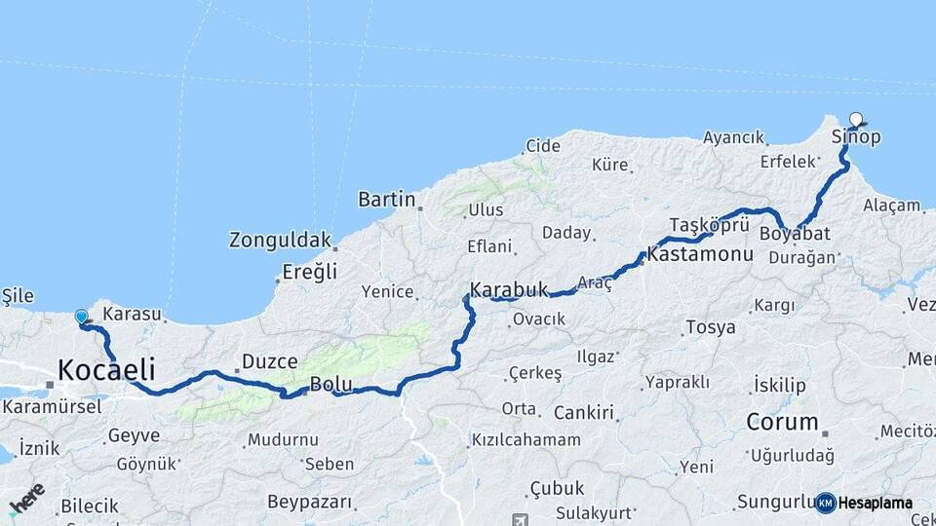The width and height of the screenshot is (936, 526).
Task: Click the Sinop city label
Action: click(856, 137)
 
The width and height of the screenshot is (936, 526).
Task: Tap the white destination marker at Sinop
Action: click(856, 120)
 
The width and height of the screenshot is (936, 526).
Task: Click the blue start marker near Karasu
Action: click(81, 316)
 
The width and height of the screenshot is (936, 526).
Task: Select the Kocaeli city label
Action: click(106, 370)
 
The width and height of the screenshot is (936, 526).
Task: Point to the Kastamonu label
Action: click(700, 255)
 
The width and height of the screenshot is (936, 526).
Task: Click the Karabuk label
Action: click(509, 290)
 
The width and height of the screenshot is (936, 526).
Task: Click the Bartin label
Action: click(387, 200)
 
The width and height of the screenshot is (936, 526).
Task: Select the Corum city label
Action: click(782, 422)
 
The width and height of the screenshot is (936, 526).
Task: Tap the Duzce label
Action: click(269, 361)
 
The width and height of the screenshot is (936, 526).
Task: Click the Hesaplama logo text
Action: click(875, 503)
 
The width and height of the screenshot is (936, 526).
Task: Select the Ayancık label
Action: click(733, 137)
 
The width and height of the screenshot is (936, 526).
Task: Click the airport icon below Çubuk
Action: click(518, 518)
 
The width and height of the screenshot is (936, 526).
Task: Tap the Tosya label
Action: click(711, 327)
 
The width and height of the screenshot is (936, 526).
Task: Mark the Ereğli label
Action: click(310, 272)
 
